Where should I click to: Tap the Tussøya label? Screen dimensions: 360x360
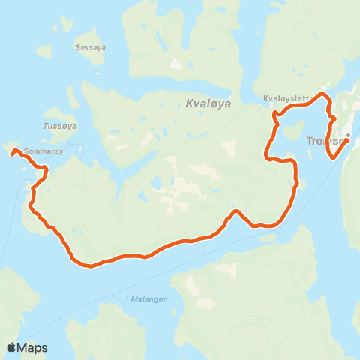(x=56, y=126)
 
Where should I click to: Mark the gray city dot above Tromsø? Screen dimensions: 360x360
(x=348, y=135)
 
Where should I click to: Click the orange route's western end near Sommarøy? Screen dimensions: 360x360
(x=13, y=151)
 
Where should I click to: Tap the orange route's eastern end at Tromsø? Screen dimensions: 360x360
(x=346, y=139)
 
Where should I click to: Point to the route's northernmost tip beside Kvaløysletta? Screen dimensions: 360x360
(x=322, y=94)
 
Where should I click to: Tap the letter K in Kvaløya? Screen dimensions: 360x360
(x=187, y=106)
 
